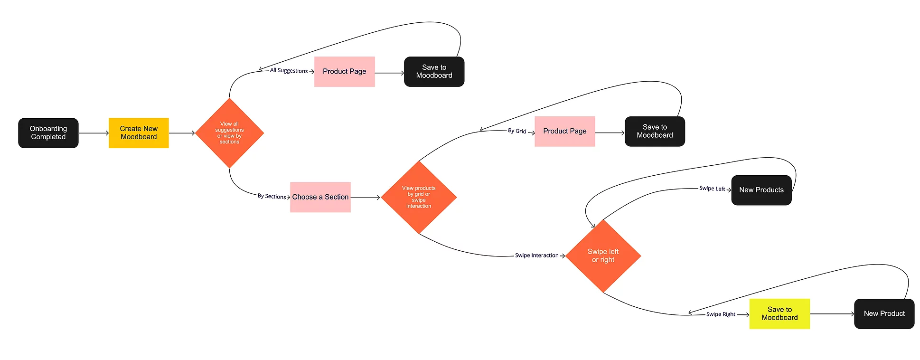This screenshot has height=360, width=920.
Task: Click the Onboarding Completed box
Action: (48, 133)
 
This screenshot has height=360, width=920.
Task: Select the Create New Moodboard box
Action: (139, 133)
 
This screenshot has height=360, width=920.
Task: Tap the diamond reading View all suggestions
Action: (229, 133)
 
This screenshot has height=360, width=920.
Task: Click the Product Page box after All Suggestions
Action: (344, 72)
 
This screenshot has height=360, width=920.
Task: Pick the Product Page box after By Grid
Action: (564, 132)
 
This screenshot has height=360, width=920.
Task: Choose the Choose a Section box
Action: (320, 197)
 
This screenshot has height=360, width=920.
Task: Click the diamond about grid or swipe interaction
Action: (419, 197)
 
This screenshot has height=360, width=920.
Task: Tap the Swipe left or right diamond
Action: (603, 256)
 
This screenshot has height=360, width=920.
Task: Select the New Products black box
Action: (761, 190)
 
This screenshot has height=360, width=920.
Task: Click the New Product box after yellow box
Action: (884, 313)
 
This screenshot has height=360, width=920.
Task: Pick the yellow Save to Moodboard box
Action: (779, 313)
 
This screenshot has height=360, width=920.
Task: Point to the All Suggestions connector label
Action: (289, 71)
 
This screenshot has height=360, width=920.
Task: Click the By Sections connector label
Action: (272, 196)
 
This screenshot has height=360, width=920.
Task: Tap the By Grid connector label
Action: (517, 131)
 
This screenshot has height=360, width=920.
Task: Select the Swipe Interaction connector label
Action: (536, 256)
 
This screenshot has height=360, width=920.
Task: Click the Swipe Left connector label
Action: (712, 189)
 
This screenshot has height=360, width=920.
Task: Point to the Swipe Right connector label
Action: (721, 314)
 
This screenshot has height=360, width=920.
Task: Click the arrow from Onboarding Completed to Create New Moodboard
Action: (94, 133)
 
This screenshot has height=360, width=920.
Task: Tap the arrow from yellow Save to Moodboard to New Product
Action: (832, 314)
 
